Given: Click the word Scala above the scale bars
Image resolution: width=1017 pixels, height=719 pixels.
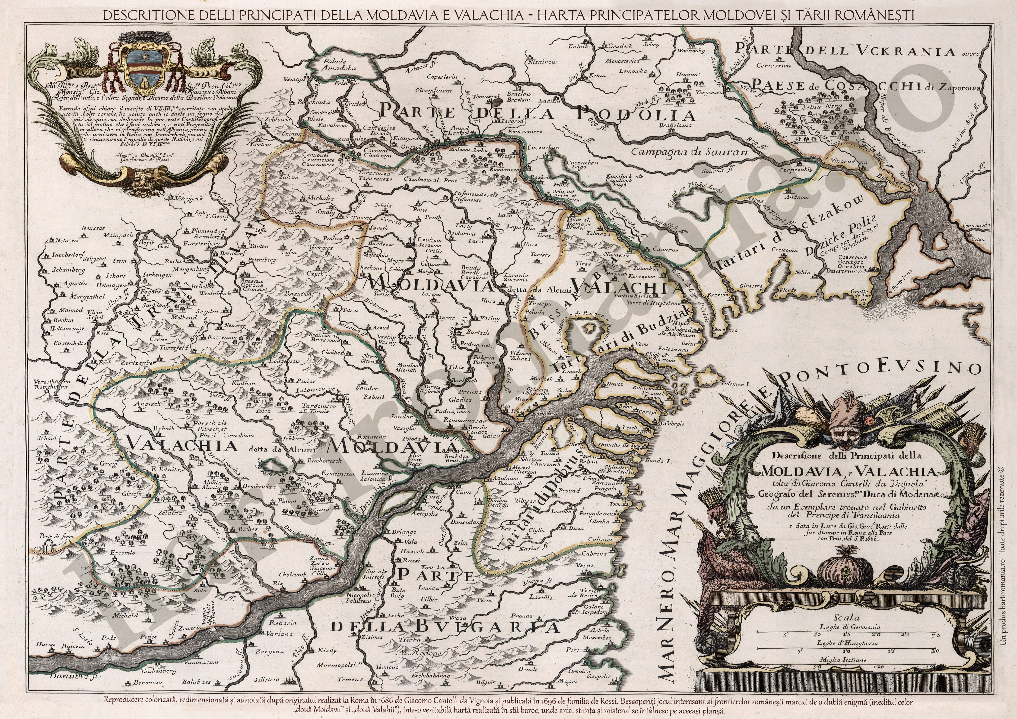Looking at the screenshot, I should pos(846,617).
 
